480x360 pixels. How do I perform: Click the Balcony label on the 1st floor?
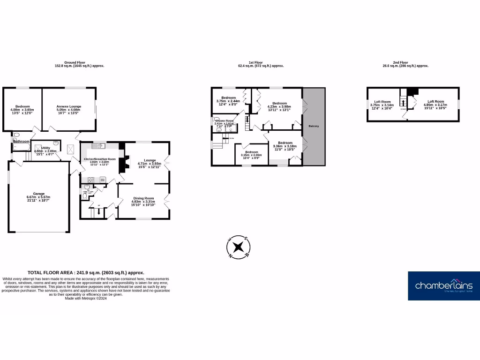tap(314, 126)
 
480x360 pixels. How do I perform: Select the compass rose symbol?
tap(239, 247)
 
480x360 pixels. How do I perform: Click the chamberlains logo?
tap(443, 286)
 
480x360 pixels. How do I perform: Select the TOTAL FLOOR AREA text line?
tap(86, 272)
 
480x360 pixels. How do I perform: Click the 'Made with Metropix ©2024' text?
tap(86, 299)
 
